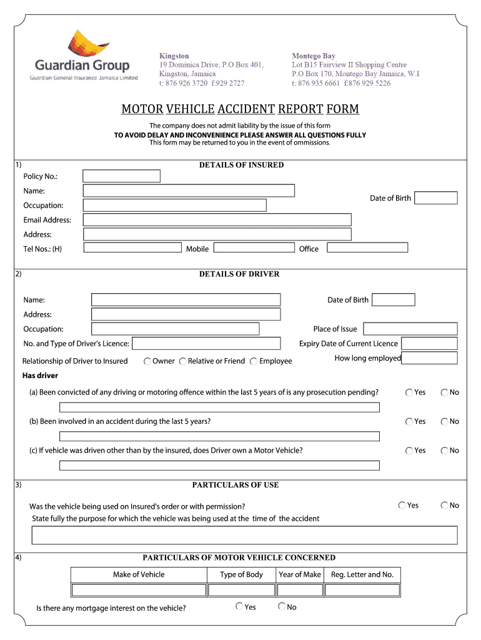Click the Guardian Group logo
coord(84,56)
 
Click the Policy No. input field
coord(121,176)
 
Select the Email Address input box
coord(217,219)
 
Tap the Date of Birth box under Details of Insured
coord(435,198)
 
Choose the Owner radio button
coord(147,361)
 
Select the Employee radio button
coord(254,361)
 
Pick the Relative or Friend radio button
coord(182,361)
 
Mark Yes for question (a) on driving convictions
coord(409,392)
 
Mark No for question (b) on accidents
coord(444,421)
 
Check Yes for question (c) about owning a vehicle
coord(409,450)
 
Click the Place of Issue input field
coord(410,329)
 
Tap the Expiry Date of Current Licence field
coord(429,343)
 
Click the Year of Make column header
coord(300,574)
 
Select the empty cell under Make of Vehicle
coord(139,590)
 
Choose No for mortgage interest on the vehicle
coord(282,606)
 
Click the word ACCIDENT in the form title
coord(246,109)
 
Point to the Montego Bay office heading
coord(314,56)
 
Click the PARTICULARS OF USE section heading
coord(236,485)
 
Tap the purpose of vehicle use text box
coord(244,535)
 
